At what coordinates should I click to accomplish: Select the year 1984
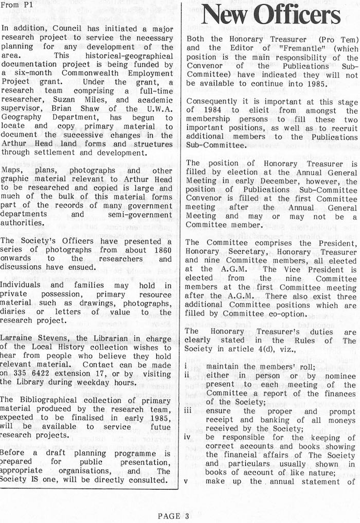pyautogui.click(x=208, y=118)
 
